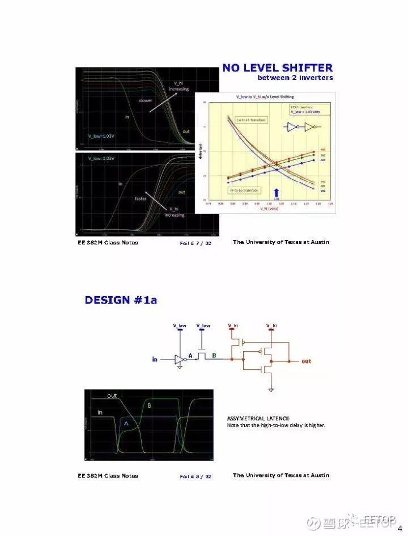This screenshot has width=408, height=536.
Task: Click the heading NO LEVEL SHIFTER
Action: point(277,68)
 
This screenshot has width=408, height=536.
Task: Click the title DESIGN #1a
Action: point(121,300)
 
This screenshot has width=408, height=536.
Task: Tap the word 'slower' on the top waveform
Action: point(146,100)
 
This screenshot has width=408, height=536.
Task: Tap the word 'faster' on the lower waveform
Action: point(141,199)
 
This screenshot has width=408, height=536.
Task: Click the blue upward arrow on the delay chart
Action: point(277,192)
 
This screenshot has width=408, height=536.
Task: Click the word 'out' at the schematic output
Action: point(306,361)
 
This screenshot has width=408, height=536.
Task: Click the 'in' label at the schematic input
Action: point(155,360)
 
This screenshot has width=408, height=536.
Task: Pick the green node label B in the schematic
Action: point(214,355)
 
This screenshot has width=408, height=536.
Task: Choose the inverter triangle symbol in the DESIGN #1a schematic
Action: point(180,360)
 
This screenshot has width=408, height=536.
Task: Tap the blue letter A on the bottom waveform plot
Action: point(126,424)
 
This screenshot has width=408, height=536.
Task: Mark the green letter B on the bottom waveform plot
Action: point(149,406)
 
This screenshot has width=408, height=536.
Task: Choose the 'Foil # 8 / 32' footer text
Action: point(195,476)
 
